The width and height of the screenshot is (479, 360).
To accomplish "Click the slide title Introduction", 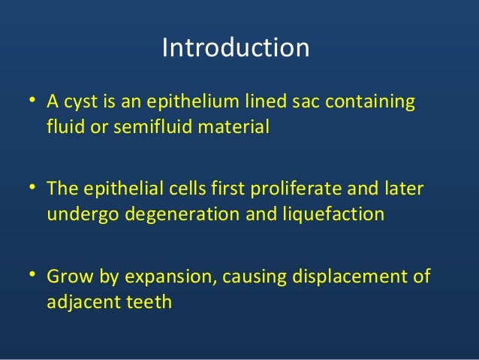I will (x=236, y=48).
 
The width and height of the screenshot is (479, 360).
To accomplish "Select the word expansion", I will (x=165, y=276).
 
